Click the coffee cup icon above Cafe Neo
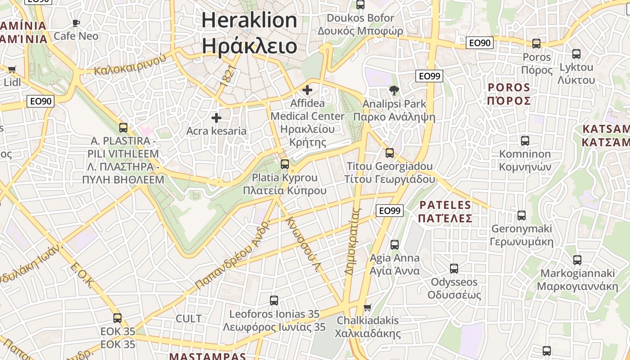(76, 22)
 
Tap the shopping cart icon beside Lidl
(12, 69)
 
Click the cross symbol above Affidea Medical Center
(307, 90)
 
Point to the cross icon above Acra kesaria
(216, 118)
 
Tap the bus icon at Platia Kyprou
(285, 164)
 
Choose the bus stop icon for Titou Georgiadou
(390, 153)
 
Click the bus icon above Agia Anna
(395, 245)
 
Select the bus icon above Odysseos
(454, 269)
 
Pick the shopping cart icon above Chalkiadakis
(368, 307)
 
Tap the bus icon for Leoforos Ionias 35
(274, 301)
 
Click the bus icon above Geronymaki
(522, 216)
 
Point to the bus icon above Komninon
(525, 141)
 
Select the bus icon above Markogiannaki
(577, 260)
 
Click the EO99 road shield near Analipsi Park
(429, 76)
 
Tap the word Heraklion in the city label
(249, 21)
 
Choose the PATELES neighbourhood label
(445, 205)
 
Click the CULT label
(189, 319)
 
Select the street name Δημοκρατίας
(353, 241)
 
